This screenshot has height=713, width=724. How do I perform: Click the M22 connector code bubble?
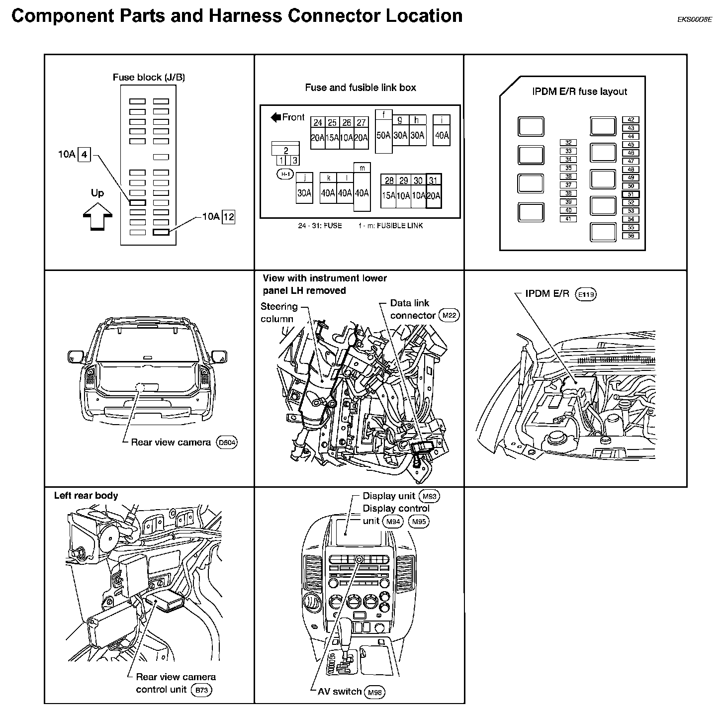pos(450,315)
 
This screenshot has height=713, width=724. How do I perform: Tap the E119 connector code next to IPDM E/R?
pos(585,294)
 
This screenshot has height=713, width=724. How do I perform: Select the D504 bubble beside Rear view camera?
pos(227,443)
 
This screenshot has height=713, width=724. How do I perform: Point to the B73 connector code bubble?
pos(201,690)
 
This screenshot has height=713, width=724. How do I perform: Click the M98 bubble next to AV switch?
pos(375,692)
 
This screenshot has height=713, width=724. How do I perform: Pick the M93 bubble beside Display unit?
pos(430,496)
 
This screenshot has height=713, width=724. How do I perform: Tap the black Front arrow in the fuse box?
pos(276,117)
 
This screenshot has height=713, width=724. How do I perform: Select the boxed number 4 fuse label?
pos(85,155)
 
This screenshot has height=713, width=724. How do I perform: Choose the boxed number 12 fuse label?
pos(228,217)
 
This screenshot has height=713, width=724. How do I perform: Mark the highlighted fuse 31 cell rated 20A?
pos(434,191)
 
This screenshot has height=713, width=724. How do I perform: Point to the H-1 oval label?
pos(285,174)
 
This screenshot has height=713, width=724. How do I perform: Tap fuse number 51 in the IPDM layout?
pos(631,194)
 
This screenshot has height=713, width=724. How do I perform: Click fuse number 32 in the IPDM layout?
pos(568,143)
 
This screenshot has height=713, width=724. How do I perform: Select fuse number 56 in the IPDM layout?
pos(631,236)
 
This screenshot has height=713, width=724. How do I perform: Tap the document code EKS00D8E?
pos(694,20)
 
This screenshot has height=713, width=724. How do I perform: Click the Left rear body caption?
pos(86,496)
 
